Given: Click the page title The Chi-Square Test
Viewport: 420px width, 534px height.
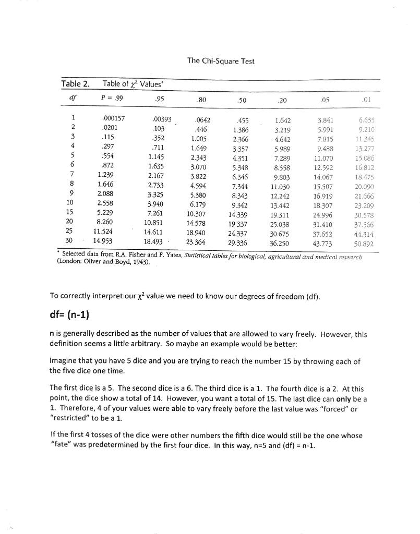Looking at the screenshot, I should coord(221,61).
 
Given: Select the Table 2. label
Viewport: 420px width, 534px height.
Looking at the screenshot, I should coord(75,84).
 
